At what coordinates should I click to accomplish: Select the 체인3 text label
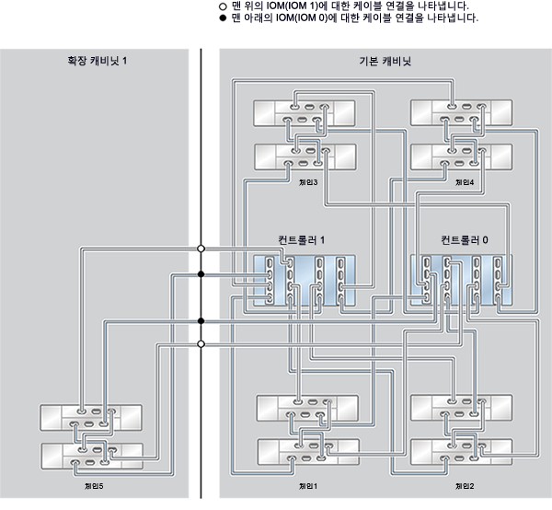coord(308,181)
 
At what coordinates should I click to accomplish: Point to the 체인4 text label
coord(465,181)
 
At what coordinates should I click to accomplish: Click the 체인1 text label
coord(308,485)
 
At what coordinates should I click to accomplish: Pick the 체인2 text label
coord(465,485)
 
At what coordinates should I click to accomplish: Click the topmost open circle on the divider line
coord(201,248)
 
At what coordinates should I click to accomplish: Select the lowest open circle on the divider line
coord(201,343)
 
